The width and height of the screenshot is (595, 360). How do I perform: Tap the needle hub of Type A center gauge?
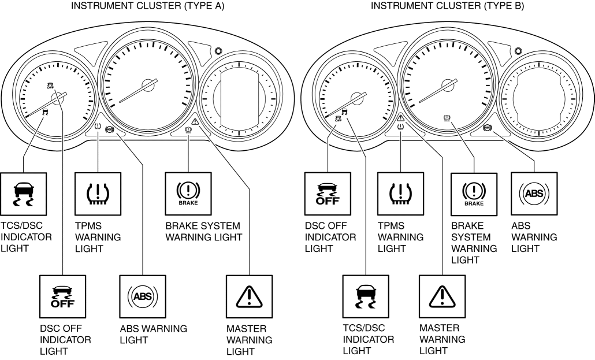(x=148, y=84)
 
